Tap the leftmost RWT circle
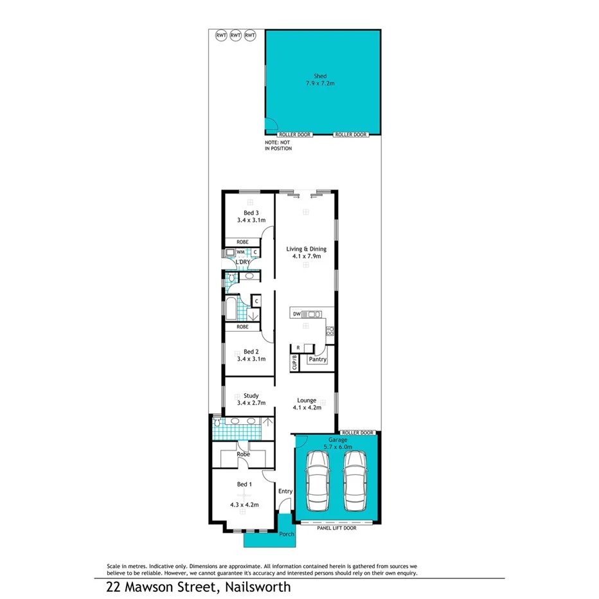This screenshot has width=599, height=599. (x=221, y=35)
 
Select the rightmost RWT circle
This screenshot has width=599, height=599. (x=250, y=35)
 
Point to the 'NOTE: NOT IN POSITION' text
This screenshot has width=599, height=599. (x=278, y=145)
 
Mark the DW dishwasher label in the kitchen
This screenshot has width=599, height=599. (x=296, y=314)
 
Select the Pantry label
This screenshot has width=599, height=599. (x=317, y=360)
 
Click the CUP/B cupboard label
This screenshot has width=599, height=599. (x=294, y=362)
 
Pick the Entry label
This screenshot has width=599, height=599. (x=285, y=492)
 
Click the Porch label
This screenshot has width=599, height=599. (x=287, y=534)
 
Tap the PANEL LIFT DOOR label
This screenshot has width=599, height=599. (x=337, y=528)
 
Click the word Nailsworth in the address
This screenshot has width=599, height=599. (x=256, y=587)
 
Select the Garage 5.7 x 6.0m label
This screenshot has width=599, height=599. (x=337, y=444)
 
